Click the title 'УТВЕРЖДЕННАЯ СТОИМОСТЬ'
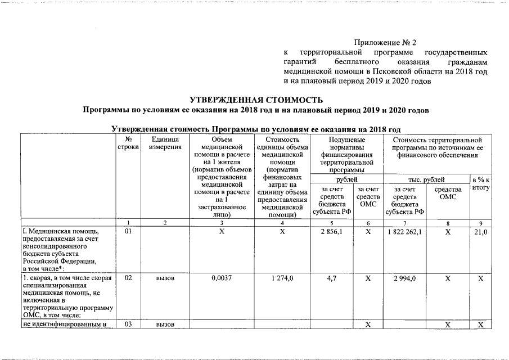point(255,100)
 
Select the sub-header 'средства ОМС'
point(448,194)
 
